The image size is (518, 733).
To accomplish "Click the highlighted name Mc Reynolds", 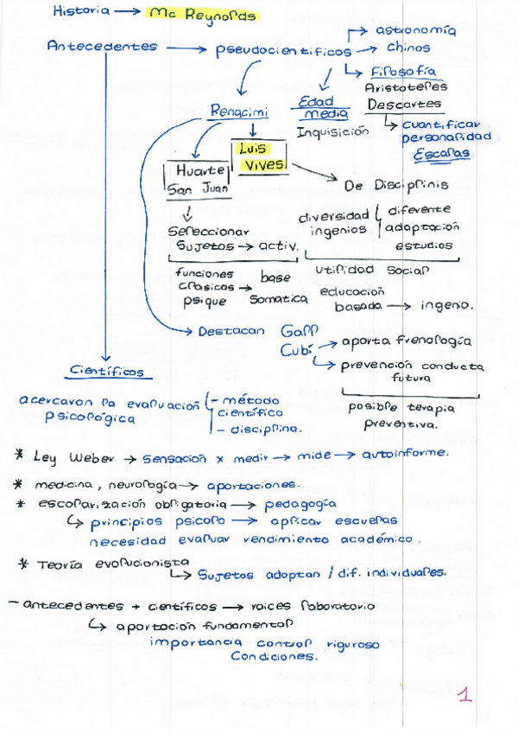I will [202, 15].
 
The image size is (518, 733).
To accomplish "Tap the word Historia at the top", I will [81, 11].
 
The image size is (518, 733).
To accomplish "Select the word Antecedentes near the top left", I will [102, 47].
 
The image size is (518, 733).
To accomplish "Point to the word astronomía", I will [415, 30].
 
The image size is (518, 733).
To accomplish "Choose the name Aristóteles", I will [406, 87].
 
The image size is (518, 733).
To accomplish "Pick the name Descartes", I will [404, 105].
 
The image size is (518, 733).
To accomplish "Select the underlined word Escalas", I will [441, 154].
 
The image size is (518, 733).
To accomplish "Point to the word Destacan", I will [231, 331].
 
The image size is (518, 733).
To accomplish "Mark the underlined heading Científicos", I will [107, 372].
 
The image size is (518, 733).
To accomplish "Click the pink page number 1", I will [464, 694].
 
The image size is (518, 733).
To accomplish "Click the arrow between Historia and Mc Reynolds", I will [127, 12].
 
